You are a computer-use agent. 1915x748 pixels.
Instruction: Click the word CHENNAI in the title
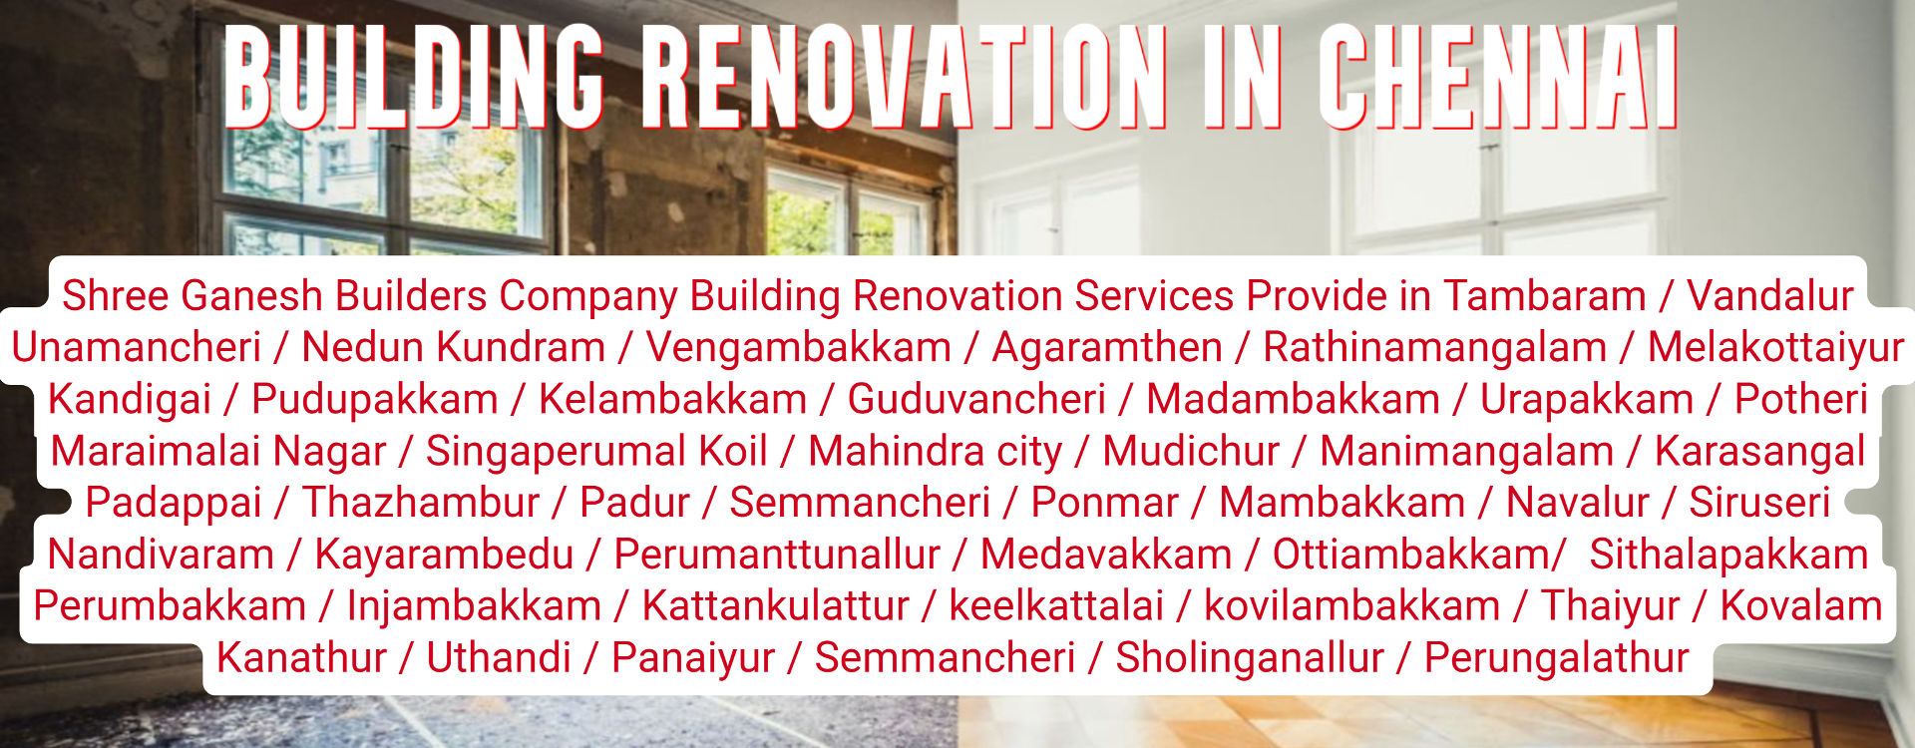pyautogui.click(x=1499, y=77)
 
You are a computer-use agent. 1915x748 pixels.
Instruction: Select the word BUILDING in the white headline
pyautogui.click(x=414, y=77)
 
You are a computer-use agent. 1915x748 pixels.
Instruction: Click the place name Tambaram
pyautogui.click(x=1545, y=296)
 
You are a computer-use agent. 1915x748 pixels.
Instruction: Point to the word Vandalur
pyautogui.click(x=1769, y=296)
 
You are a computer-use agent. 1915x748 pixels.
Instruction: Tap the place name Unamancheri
pyautogui.click(x=137, y=348)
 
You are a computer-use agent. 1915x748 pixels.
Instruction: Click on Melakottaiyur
pyautogui.click(x=1775, y=348)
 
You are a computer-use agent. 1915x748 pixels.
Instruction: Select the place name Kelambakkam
pyautogui.click(x=672, y=400)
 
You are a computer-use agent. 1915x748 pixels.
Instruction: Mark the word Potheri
pyautogui.click(x=1800, y=400)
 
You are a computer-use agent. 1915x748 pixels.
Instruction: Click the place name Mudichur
pyautogui.click(x=1191, y=452)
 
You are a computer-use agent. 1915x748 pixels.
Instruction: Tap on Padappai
pyautogui.click(x=174, y=504)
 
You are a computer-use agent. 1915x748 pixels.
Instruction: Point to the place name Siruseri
pyautogui.click(x=1759, y=504)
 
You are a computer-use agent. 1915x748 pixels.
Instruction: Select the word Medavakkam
pyautogui.click(x=1106, y=556)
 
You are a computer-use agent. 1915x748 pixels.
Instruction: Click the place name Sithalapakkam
pyautogui.click(x=1728, y=556)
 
